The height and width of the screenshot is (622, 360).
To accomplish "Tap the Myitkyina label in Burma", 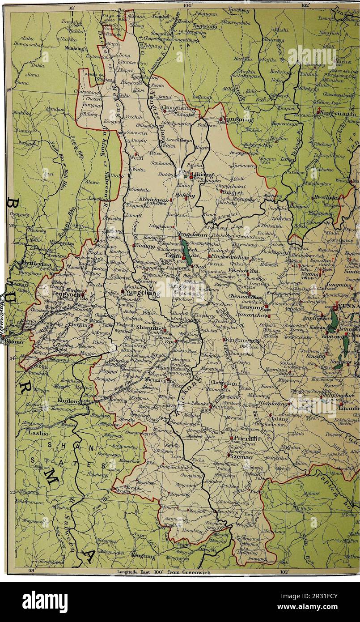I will [x=36, y=264].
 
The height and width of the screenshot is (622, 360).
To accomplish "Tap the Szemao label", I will [x=241, y=454].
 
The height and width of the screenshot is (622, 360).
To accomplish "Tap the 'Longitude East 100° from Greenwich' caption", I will [x=160, y=571].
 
